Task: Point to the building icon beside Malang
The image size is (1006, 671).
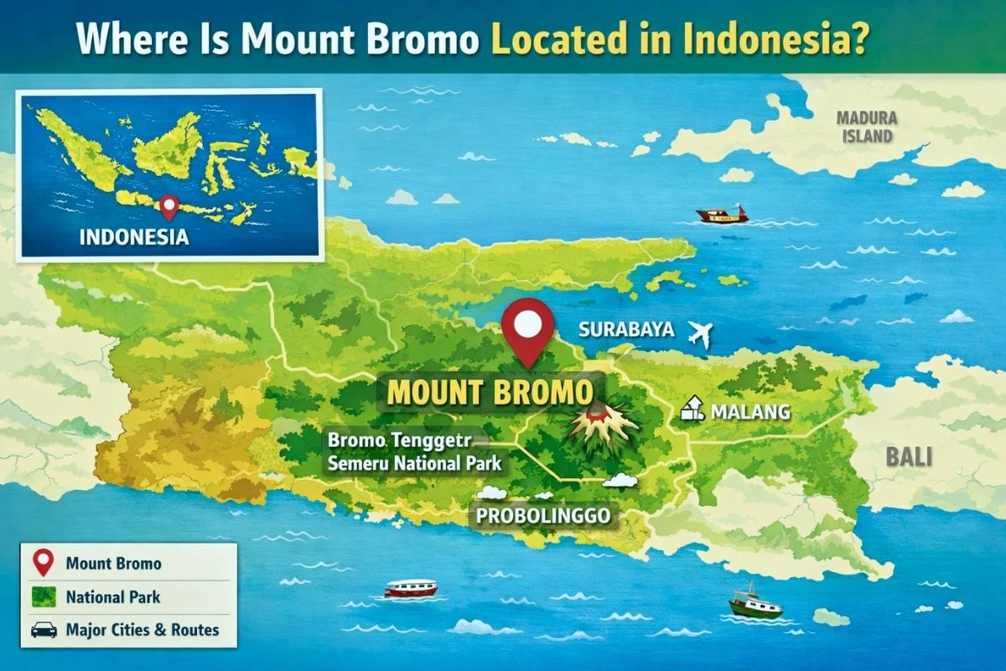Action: pos(692,409)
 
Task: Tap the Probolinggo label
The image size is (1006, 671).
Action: pos(543,515)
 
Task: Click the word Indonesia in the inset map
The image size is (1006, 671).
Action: pos(134,237)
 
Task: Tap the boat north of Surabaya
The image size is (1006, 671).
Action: pos(722,215)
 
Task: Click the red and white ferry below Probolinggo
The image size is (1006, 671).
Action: pos(411,588)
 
